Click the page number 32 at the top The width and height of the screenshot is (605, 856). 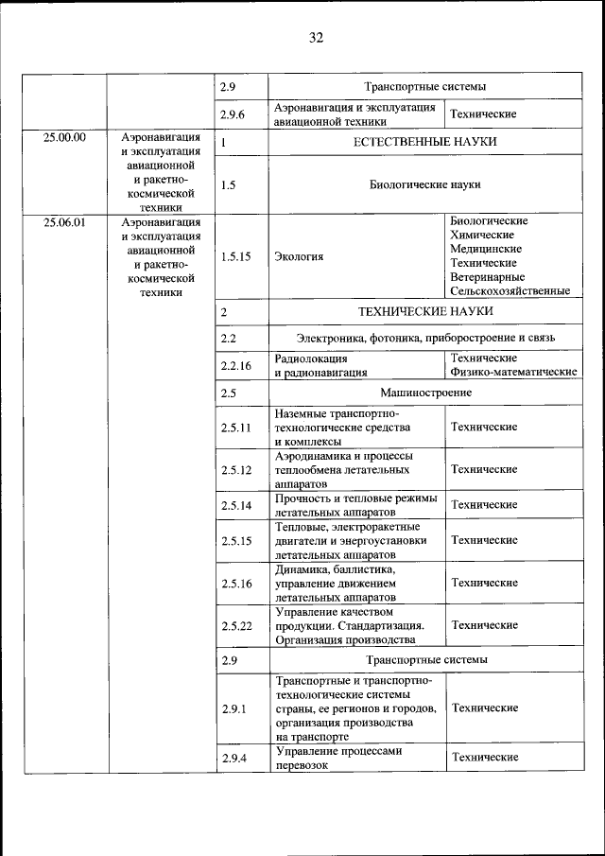[x=316, y=38]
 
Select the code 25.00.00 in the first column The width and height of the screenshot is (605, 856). [x=64, y=137]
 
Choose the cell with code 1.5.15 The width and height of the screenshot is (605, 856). [x=235, y=256]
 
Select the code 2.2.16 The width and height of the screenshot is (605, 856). [x=235, y=365]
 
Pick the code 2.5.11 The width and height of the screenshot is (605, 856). [x=235, y=428]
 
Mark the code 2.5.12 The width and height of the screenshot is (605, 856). [x=235, y=469]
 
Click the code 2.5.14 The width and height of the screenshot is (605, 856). [x=235, y=505]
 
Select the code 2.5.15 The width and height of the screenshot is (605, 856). [x=235, y=541]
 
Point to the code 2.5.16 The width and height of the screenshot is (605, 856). [x=235, y=584]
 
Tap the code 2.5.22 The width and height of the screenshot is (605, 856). [x=235, y=626]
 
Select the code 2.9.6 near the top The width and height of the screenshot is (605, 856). [x=233, y=114]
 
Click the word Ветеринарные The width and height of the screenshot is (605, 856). [x=488, y=277]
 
